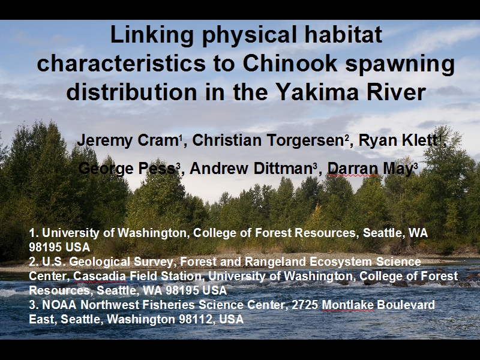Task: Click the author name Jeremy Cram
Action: (128, 141)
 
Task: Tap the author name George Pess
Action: (127, 169)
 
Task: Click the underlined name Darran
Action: (352, 169)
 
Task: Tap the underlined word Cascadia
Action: (100, 276)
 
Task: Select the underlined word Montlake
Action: (348, 305)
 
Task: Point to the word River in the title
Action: (401, 92)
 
